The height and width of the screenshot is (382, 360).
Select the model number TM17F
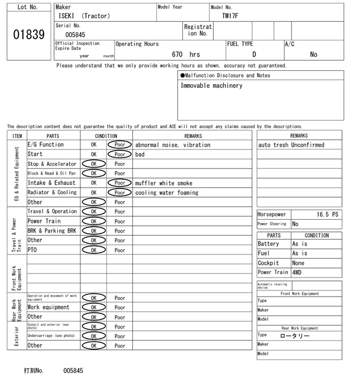230,16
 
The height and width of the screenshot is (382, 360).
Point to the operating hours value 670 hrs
186,54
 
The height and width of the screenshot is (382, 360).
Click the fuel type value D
254,54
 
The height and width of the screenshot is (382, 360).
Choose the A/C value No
313,54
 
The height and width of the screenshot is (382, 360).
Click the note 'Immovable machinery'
211,85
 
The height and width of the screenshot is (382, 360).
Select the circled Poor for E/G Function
120,145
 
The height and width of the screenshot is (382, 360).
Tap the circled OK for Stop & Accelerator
93,164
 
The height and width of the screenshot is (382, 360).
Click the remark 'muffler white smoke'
164,183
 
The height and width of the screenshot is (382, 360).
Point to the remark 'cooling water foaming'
166,193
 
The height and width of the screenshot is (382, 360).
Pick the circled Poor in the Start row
120,154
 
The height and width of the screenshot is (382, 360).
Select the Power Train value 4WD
296,272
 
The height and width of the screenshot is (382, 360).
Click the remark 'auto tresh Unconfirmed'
291,145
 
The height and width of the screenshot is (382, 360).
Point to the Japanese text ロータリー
295,335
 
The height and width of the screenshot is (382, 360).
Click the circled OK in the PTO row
93,250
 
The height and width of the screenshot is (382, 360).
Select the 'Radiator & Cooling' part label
52,193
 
